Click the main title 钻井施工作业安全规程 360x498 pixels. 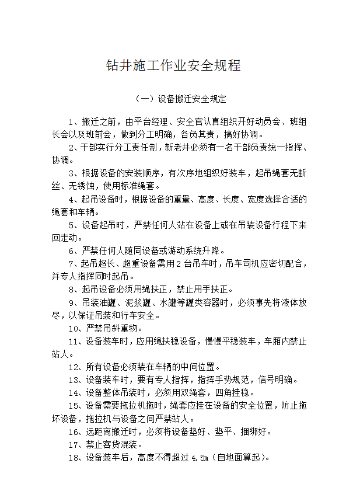coord(173,65)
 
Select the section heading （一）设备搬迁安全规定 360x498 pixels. coord(180,99)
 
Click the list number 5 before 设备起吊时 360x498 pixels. coord(72,225)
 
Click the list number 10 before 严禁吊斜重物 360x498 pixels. coord(74,328)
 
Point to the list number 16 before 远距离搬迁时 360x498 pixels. coord(74,431)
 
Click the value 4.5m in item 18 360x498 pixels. coord(200,457)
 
